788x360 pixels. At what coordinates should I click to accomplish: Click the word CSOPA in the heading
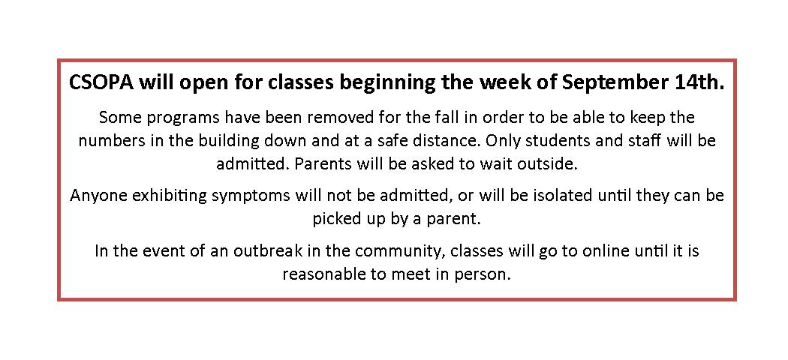click(101, 82)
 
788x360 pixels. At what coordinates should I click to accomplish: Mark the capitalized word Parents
click(319, 165)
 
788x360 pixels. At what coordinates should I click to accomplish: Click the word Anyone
click(95, 196)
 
